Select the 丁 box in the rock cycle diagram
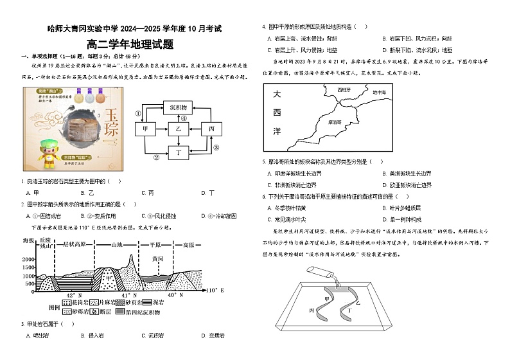(x=179, y=152)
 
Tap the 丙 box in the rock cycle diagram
(x=211, y=129)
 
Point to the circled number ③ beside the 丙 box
(x=216, y=147)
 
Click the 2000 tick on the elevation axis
(x=29, y=259)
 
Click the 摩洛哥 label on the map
(x=334, y=121)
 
